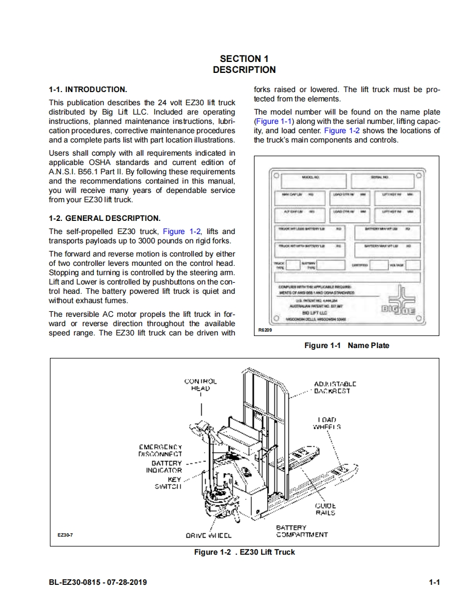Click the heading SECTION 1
click(244, 59)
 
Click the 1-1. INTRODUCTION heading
click(88, 89)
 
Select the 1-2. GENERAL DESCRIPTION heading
click(104, 218)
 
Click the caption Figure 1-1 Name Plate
click(347, 345)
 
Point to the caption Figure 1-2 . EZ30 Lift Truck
click(244, 552)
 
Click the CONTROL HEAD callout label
click(200, 384)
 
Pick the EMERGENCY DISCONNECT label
click(160, 450)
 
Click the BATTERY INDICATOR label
click(163, 466)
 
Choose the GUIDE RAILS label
click(325, 509)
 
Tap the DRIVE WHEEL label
click(209, 536)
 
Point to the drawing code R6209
click(265, 331)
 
